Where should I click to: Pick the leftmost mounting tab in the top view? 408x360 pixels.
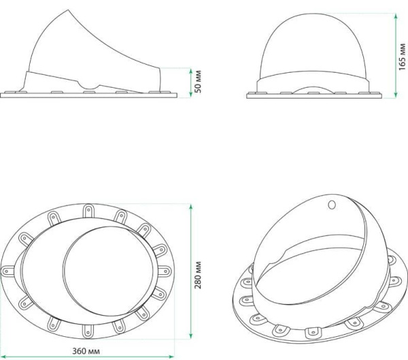click(x=10, y=269)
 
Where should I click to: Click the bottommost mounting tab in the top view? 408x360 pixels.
click(x=88, y=329)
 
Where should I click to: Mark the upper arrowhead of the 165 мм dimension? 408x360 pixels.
click(x=394, y=10)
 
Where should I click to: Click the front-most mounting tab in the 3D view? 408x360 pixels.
click(x=313, y=331)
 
